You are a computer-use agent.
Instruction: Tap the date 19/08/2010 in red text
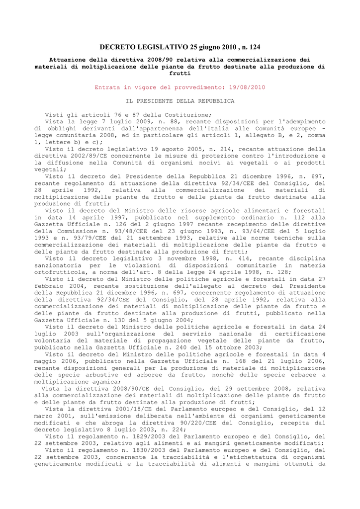point(248,87)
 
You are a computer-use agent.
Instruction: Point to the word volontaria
point(52,340)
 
